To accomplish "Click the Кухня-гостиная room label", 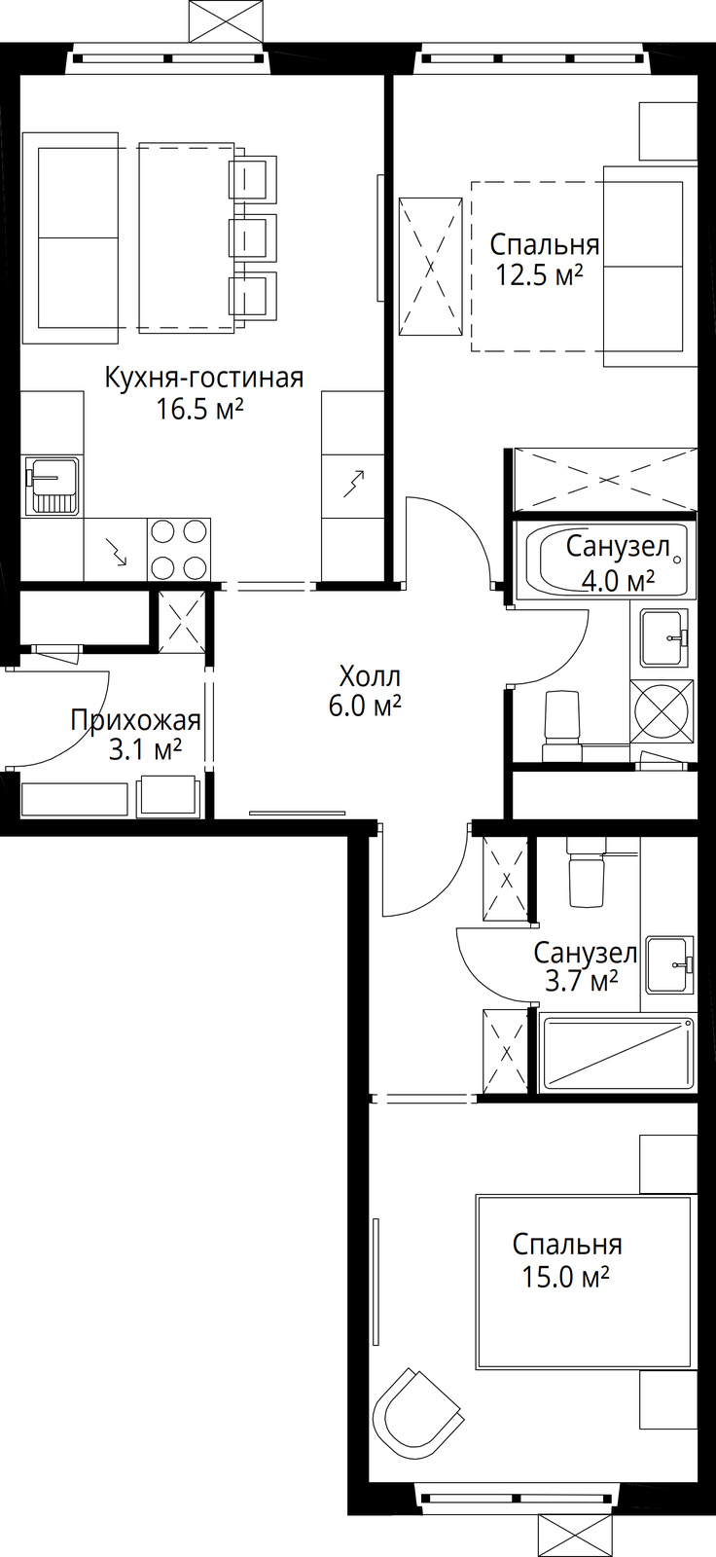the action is (203, 379).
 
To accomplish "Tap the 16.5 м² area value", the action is (198, 410).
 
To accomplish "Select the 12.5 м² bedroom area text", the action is (539, 275).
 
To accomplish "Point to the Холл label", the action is (370, 675).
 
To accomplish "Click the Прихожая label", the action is (135, 720).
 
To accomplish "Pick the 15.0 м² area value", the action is (566, 1276).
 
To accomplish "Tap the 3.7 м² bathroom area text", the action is (582, 982).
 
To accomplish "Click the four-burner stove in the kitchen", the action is (179, 549).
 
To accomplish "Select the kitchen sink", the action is (53, 486).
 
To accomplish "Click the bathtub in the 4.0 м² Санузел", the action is (610, 561).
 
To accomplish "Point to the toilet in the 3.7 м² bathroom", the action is (589, 872).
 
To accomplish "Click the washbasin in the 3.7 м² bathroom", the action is (669, 964).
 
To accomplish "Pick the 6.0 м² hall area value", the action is (365, 706).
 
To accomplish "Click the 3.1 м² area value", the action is (145, 750).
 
